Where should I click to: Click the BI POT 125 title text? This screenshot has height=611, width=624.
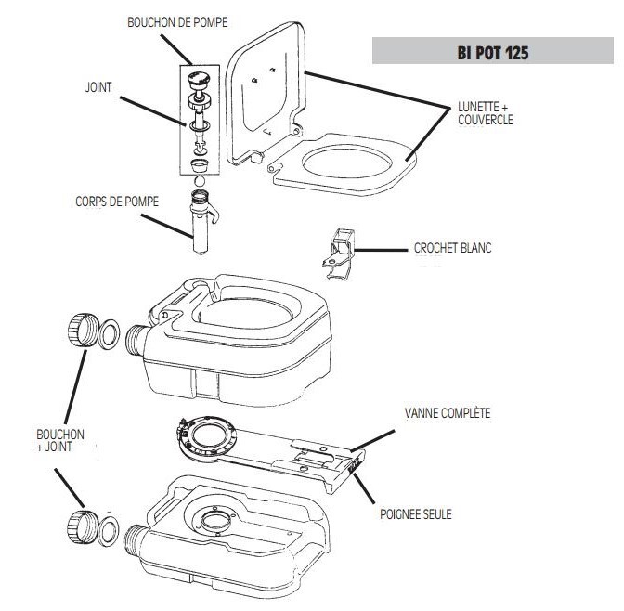494,52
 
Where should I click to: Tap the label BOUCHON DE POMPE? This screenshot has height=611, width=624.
176,20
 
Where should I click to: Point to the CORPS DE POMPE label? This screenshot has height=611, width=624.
116,201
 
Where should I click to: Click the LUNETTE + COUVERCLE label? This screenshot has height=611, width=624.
485,113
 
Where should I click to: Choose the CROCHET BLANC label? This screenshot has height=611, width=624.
452,249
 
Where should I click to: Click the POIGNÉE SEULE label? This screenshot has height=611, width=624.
416,513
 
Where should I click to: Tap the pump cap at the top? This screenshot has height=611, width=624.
198,81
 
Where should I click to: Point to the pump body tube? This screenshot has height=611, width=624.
200,223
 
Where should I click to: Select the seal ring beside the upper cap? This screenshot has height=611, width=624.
108,335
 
